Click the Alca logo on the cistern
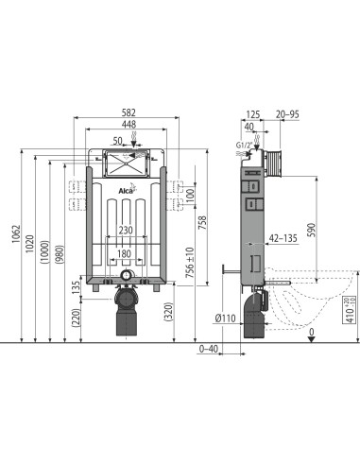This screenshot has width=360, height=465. (127, 194)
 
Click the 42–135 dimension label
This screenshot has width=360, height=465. (282, 240)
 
